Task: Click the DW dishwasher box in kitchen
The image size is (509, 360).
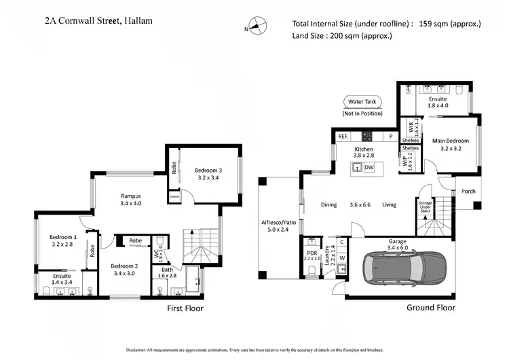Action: click(x=369, y=167)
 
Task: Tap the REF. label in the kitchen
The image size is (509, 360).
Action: click(x=343, y=137)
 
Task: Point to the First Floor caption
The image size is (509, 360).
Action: click(x=185, y=308)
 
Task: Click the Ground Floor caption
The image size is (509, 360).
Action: click(x=430, y=307)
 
